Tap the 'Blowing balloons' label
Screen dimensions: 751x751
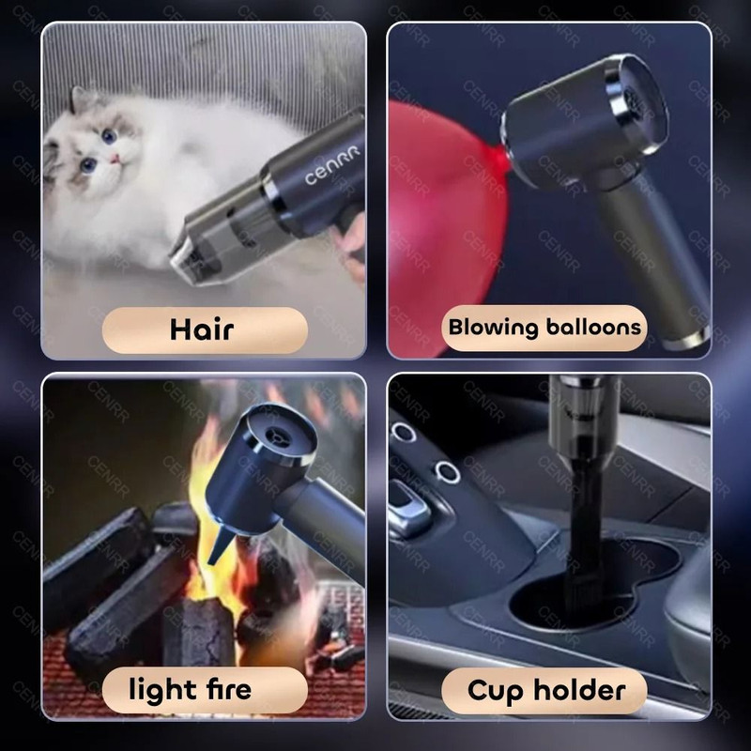[545, 328]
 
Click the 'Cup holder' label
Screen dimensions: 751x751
[545, 691]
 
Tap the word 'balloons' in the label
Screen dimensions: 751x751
[595, 328]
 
